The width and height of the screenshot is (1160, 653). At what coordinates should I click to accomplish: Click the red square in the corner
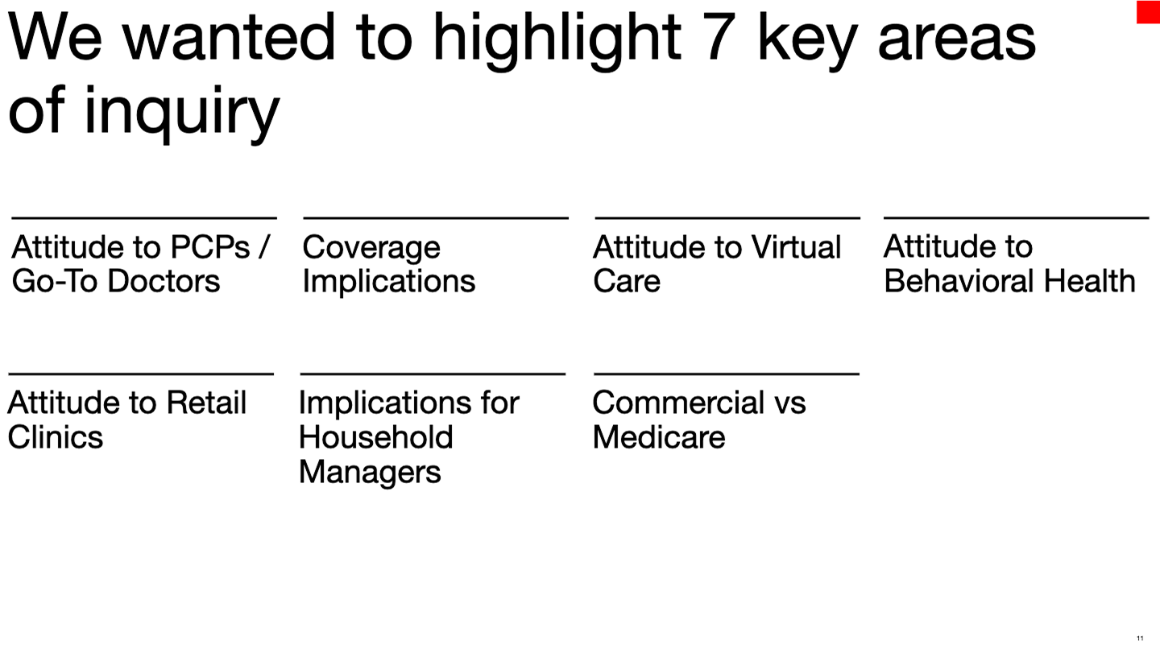(1148, 11)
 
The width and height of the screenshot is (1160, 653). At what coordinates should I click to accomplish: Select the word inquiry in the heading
(181, 113)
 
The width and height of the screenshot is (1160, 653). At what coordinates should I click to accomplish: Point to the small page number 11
(1140, 639)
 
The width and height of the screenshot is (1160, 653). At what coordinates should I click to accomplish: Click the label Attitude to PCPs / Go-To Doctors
(141, 264)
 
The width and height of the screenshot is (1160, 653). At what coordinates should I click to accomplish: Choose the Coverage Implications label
(388, 264)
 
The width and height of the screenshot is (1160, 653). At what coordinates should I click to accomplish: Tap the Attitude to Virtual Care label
(716, 264)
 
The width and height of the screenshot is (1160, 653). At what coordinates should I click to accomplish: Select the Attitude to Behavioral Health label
(1009, 264)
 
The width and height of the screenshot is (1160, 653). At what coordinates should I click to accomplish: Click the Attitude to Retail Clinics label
(126, 419)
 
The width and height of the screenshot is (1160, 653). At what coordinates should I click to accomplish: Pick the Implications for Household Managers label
(408, 436)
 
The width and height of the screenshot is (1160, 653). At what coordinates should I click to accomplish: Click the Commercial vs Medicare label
(698, 419)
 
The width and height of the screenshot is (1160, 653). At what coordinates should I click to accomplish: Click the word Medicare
(659, 437)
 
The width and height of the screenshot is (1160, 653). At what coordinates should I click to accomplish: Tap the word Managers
(370, 472)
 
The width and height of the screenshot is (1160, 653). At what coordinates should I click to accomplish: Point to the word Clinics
(56, 437)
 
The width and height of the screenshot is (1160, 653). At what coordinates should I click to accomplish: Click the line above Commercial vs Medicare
(727, 374)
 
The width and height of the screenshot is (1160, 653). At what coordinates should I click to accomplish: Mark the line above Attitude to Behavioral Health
(1016, 217)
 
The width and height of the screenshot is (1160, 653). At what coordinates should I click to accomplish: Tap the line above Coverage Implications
(436, 217)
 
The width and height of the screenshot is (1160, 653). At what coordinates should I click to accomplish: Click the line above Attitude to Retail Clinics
(141, 374)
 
